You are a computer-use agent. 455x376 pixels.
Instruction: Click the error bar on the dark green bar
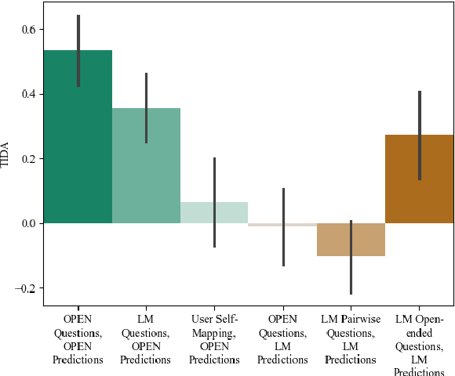coord(78,51)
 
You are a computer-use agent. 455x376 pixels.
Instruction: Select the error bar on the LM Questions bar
coord(146,108)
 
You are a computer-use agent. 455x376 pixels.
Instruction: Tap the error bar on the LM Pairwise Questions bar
coord(351,266)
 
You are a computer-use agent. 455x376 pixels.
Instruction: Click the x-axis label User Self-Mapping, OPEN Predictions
coord(214,339)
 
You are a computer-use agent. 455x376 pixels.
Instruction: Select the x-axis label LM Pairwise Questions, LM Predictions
coord(351,339)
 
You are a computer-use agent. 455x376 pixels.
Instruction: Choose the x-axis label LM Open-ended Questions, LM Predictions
coord(420,339)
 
